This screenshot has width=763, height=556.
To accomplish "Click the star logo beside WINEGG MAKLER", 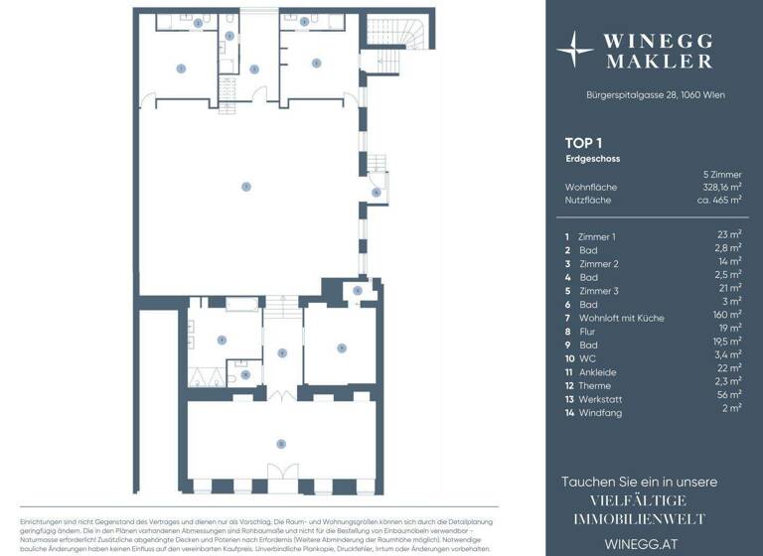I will (575, 49).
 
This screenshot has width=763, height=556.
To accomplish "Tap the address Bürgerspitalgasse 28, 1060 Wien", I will (655, 94).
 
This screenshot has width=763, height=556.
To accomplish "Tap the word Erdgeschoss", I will (593, 158).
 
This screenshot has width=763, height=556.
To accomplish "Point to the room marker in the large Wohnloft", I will (245, 186).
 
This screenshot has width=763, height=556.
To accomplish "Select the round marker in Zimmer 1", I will (180, 68).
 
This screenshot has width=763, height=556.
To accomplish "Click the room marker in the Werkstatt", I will (282, 442).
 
